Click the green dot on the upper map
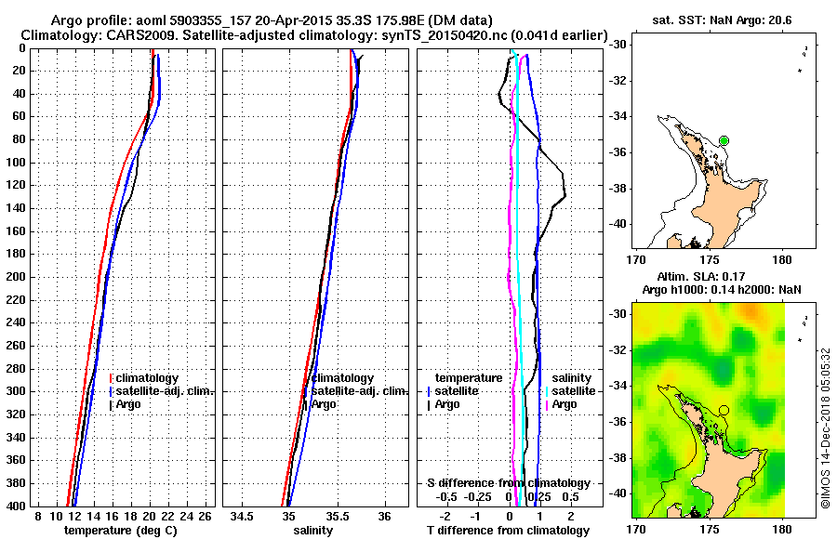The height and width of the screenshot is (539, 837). pos(724,140)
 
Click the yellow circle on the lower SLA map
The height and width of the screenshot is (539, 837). pos(724,409)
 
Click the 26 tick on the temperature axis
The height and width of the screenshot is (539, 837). pos(206,516)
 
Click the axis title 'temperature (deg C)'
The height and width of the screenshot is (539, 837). pos(120,530)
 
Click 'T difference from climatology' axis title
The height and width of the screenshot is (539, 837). pos(508,530)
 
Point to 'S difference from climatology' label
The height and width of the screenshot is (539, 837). pos(508,483)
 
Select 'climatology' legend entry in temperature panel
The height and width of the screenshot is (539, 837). pos(147,379)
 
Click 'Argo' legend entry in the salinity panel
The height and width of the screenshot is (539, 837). pos(324,404)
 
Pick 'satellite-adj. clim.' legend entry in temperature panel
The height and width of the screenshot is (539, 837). pos(165,391)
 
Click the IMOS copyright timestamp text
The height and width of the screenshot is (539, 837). pos(825,427)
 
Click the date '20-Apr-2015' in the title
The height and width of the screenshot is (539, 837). pos(308,20)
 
